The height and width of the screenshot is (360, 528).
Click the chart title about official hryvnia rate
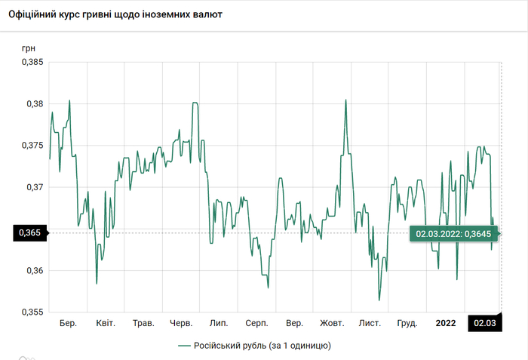point(120,14)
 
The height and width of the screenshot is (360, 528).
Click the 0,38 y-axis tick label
point(33,103)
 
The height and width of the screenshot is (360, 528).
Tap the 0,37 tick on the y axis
point(33,186)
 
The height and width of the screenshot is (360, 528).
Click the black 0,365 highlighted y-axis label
point(28,233)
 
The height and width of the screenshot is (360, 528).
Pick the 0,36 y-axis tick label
point(33,270)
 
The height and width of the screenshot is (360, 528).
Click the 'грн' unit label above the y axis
point(28,48)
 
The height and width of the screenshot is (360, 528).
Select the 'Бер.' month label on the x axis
point(68,324)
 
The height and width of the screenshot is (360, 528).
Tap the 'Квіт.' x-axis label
point(106,324)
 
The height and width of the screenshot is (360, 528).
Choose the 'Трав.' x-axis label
point(143,324)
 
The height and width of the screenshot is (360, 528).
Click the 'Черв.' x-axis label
point(182,324)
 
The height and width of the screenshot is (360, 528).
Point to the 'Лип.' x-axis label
point(219,324)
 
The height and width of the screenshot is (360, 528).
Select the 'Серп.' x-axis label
point(256,324)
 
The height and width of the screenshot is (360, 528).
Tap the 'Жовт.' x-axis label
point(332,324)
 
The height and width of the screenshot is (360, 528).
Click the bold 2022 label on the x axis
point(446,324)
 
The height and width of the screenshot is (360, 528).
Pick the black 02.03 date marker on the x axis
point(485,323)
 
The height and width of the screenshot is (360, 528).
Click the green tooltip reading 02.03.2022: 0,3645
point(454,234)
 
